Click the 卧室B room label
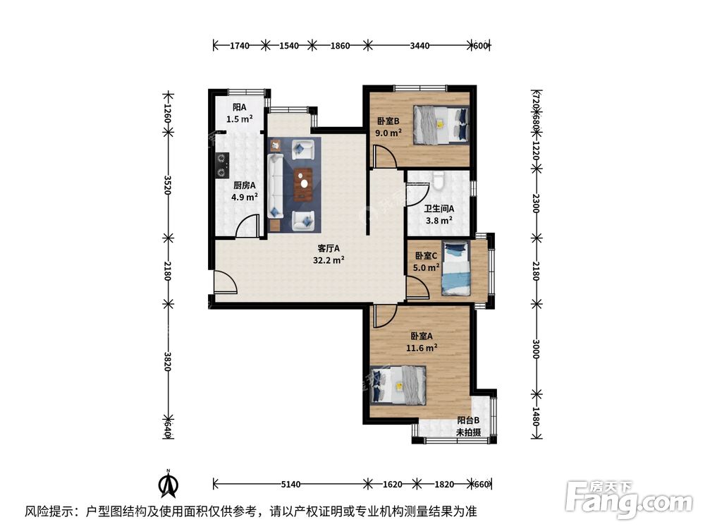pyautogui.click(x=388, y=121)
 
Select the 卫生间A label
pyautogui.click(x=439, y=209)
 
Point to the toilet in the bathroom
pyautogui.click(x=439, y=181)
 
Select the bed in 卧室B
pyautogui.click(x=441, y=123)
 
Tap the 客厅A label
pyautogui.click(x=329, y=248)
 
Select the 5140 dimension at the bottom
pyautogui.click(x=290, y=485)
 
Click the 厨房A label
pyautogui.click(x=245, y=186)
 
